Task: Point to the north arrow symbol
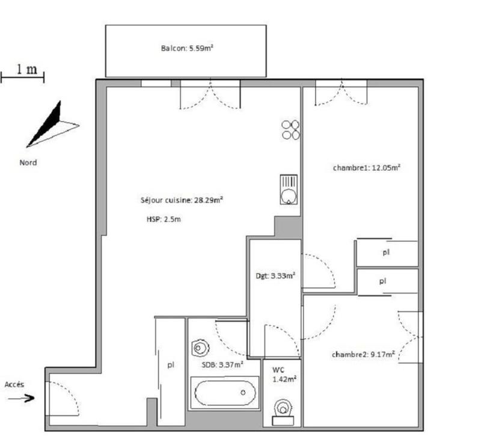click(51, 125)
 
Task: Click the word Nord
click(28, 162)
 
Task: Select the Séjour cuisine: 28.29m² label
click(182, 200)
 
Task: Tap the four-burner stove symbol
click(291, 129)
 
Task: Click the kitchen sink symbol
click(289, 189)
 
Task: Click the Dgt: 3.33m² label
click(275, 276)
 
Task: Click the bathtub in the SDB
click(223, 393)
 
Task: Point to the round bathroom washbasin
click(199, 348)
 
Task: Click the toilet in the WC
click(281, 409)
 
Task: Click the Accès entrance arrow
click(22, 398)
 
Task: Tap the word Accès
click(15, 384)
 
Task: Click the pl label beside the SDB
click(171, 364)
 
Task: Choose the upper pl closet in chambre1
click(386, 253)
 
